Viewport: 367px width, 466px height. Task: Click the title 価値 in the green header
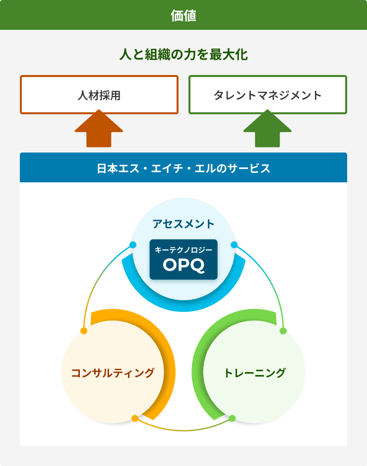click(x=183, y=15)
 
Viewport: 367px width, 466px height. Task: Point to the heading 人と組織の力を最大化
click(x=183, y=55)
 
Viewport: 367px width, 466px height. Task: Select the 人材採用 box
click(x=99, y=95)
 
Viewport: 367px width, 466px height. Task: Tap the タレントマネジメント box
click(x=268, y=95)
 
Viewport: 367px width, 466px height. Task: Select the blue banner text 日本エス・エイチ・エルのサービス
click(x=183, y=168)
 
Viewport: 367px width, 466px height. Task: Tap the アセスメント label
click(x=183, y=224)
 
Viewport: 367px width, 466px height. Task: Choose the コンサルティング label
click(x=113, y=373)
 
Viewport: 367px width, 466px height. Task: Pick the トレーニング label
click(x=254, y=373)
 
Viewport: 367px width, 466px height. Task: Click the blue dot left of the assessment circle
click(x=133, y=244)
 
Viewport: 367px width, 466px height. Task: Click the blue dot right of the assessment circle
click(x=234, y=244)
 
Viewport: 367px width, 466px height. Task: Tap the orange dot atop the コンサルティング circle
click(x=84, y=331)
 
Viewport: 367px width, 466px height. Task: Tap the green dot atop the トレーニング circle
click(x=283, y=331)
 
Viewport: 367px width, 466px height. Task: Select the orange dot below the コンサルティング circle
click(x=135, y=418)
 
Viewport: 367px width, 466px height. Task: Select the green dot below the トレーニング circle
click(x=232, y=418)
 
